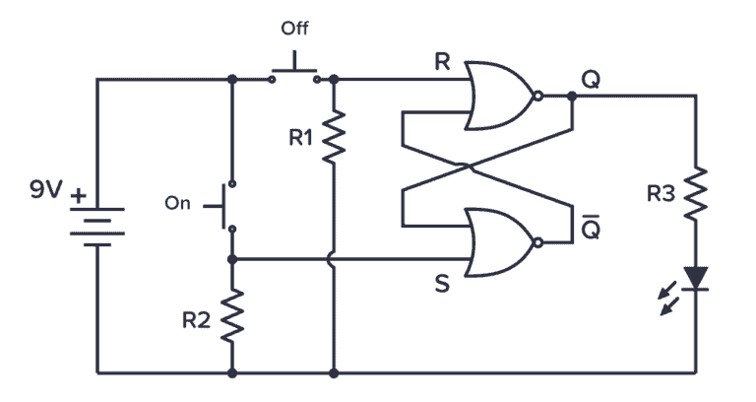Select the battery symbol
point(96,225)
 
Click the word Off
point(294,29)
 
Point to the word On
point(177,204)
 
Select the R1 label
point(301,138)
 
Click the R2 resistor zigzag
point(232,315)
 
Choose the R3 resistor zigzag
point(696,193)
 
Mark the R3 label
point(661,194)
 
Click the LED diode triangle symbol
point(696,279)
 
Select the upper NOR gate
point(501,97)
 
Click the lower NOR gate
point(501,242)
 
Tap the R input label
point(442,62)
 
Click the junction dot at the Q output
point(571,96)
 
